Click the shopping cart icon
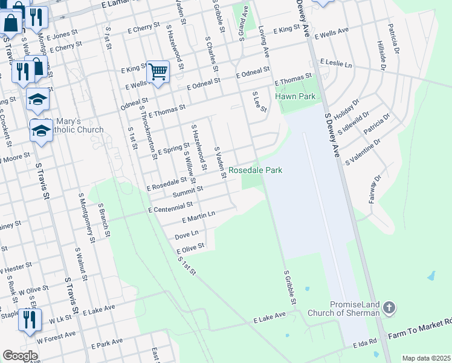coord(158,71)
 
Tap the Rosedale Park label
coord(255,171)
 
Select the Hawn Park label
coord(295,96)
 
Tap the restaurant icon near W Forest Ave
coord(28,319)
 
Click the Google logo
coord(20,355)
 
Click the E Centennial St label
coord(170,208)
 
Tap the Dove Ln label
coord(186,234)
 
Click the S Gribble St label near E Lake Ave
coord(289,287)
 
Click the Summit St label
coord(187,194)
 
